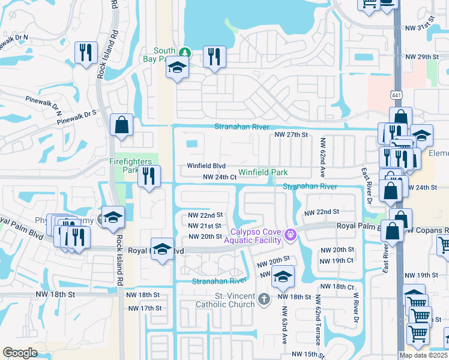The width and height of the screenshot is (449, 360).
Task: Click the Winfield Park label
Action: pyautogui.click(x=264, y=172)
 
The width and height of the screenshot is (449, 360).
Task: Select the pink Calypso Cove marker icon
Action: pyautogui.click(x=291, y=234)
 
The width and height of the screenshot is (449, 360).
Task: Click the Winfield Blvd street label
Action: pyautogui.click(x=206, y=166)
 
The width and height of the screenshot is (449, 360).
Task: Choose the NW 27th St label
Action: pyautogui.click(x=291, y=135)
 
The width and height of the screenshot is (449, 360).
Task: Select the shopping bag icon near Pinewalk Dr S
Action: pyautogui.click(x=121, y=125)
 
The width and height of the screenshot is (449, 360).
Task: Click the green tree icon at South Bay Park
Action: pyautogui.click(x=186, y=52)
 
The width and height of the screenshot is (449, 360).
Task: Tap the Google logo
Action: pyautogui.click(x=20, y=353)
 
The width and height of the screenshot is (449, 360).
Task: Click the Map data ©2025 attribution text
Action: pyautogui.click(x=423, y=355)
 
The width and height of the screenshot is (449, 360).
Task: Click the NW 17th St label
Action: pyautogui.click(x=145, y=308)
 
